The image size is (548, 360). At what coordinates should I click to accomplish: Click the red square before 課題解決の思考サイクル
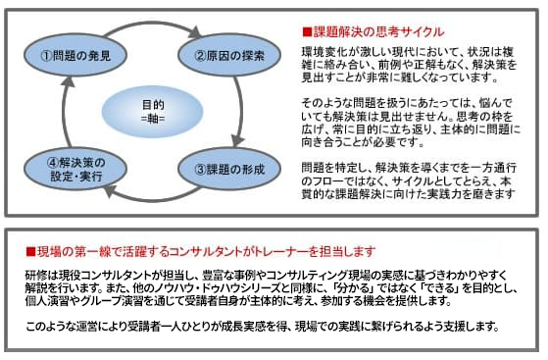coord(307,31)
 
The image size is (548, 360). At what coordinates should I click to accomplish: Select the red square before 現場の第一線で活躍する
coord(30,250)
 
